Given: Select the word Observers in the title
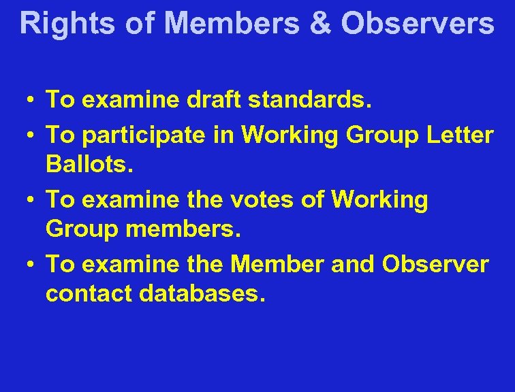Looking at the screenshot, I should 417,22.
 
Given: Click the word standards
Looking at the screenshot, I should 310,101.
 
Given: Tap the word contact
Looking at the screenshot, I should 89,295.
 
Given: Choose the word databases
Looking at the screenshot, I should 201,295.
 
